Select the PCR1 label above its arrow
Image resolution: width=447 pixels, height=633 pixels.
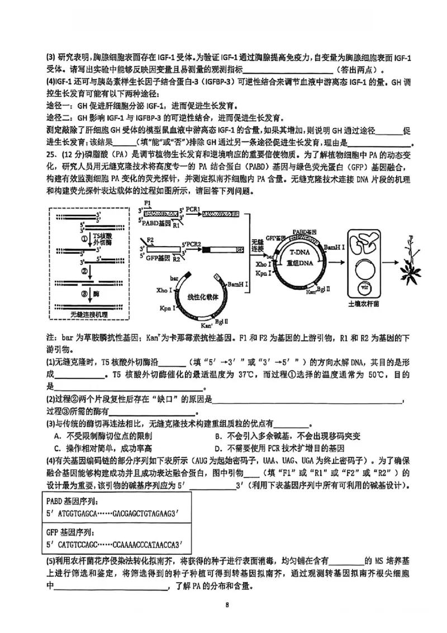191,207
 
